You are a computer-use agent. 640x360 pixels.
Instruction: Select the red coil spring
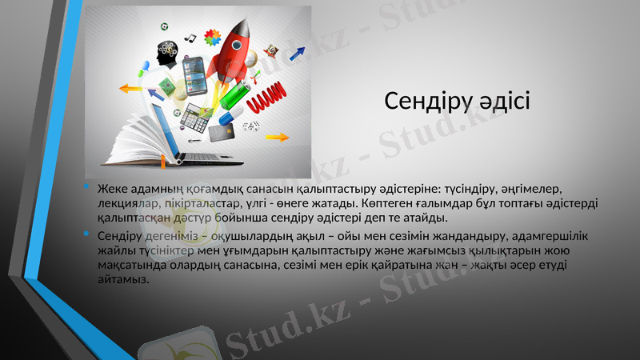coord(268,100)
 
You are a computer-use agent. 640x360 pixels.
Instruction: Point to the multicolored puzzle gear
coord(212,36)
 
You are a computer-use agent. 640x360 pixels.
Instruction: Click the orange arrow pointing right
coord(277,137)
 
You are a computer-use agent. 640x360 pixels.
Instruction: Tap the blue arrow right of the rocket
coord(298,54)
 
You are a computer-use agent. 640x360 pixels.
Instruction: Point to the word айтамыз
coord(122,281)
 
